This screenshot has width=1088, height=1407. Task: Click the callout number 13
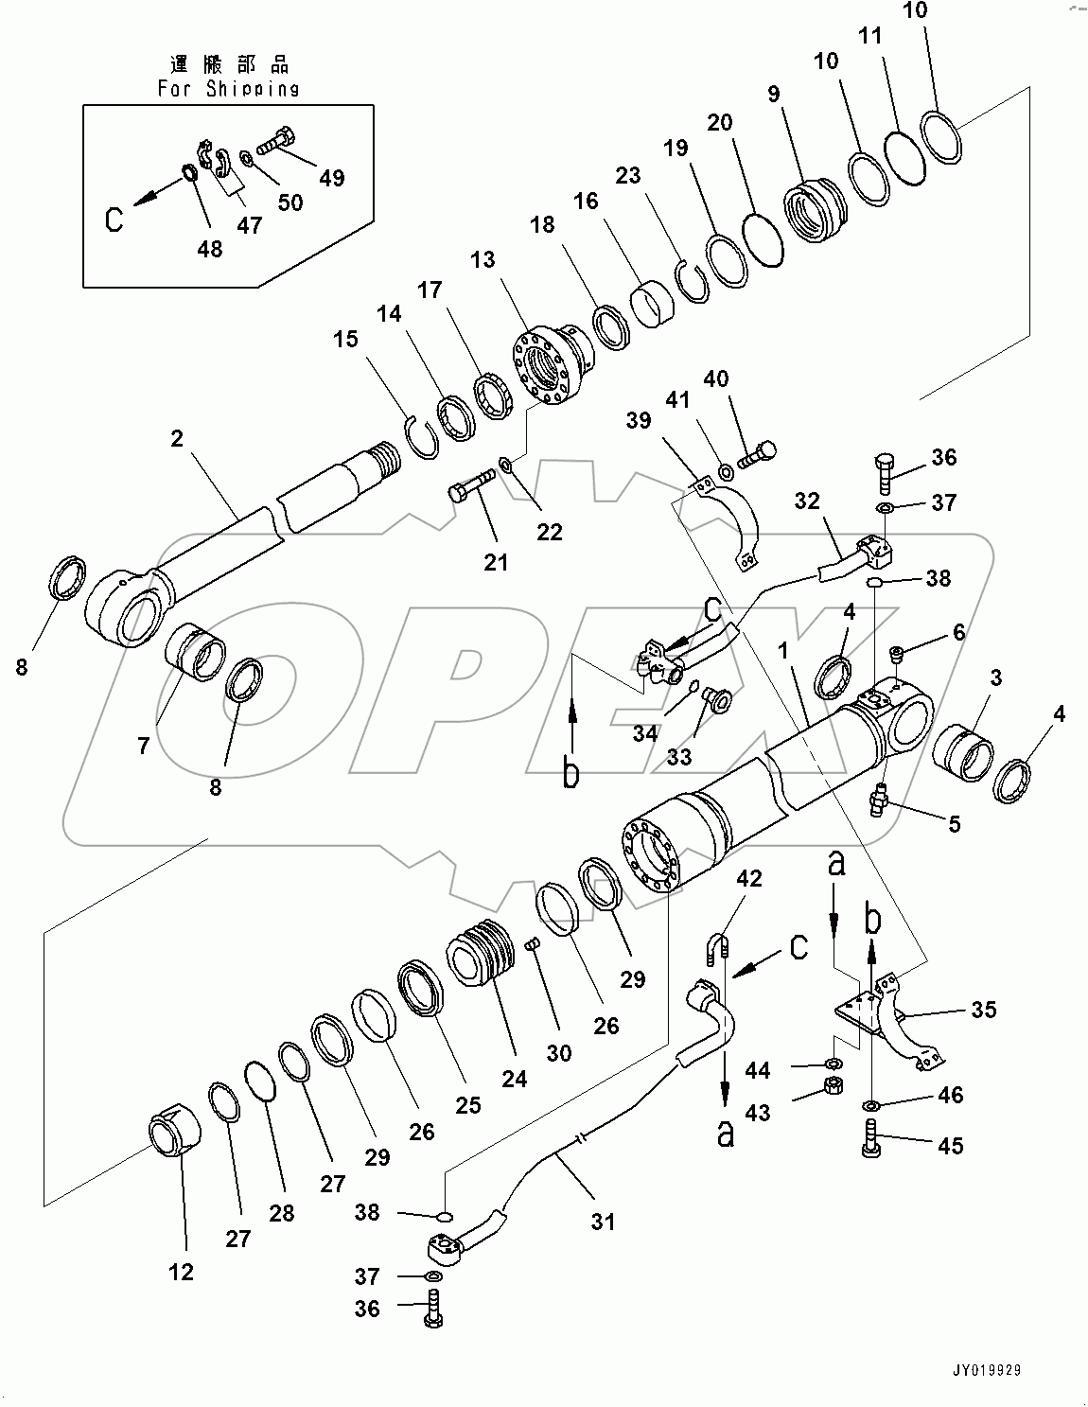pyautogui.click(x=483, y=259)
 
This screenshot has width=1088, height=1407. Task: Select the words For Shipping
pyautogui.click(x=228, y=89)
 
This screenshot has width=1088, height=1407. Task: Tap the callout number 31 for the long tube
pyautogui.click(x=603, y=1222)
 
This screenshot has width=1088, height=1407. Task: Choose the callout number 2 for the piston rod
pyautogui.click(x=177, y=439)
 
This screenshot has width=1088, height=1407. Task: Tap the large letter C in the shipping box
pyautogui.click(x=114, y=220)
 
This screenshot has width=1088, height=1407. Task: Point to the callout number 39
pyautogui.click(x=639, y=420)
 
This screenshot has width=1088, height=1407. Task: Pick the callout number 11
pyautogui.click(x=870, y=36)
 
